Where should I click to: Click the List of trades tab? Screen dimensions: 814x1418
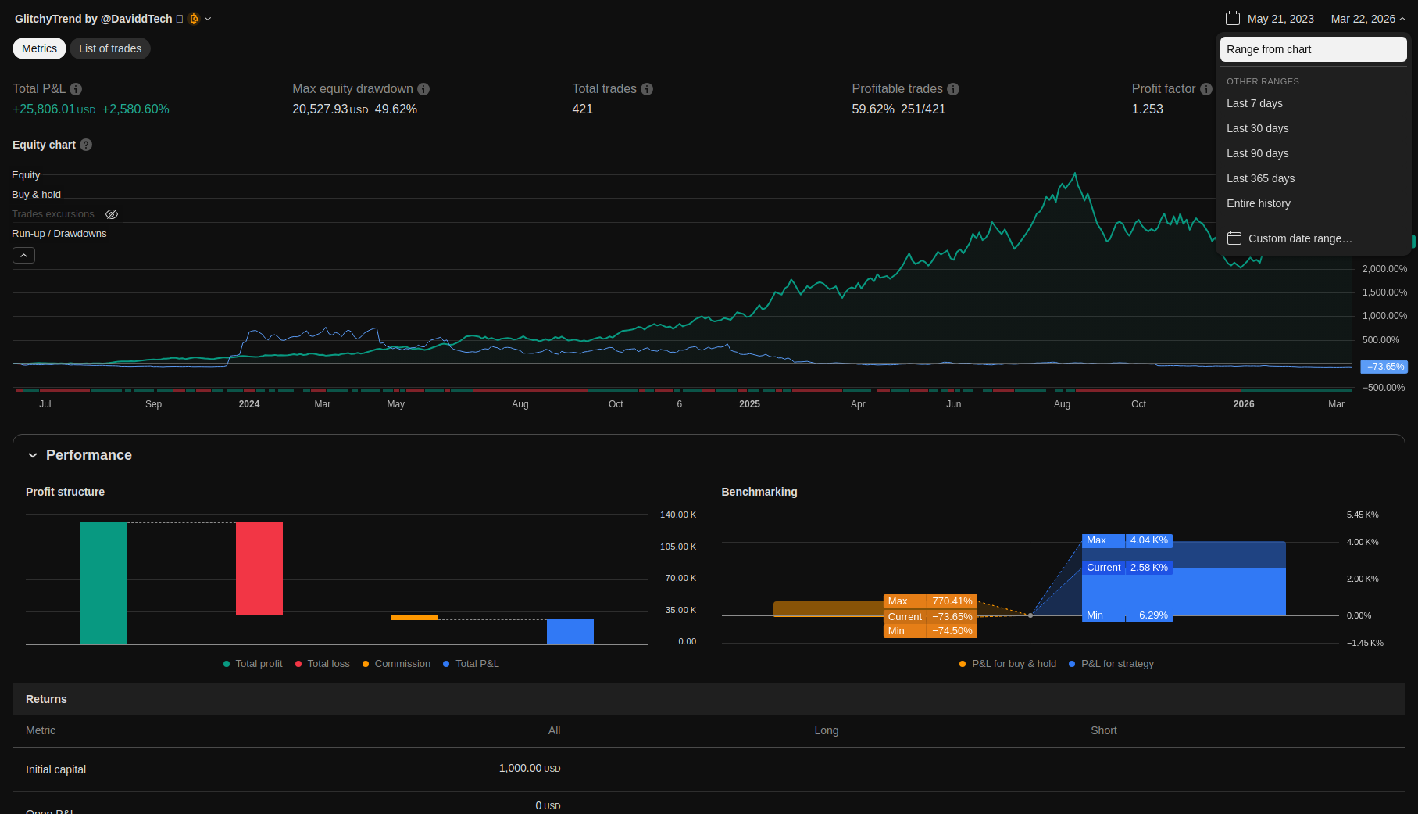point(110,48)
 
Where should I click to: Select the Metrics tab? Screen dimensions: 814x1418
point(39,48)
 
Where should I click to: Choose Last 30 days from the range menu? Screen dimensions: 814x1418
point(1257,128)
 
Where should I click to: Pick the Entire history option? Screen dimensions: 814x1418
point(1258,203)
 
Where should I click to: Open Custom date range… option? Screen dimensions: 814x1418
point(1299,238)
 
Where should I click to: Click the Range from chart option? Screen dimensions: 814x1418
point(1269,49)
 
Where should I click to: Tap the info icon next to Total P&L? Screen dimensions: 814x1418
point(76,89)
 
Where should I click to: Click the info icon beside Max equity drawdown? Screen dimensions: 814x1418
point(423,89)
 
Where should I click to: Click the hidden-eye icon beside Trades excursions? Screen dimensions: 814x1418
point(112,214)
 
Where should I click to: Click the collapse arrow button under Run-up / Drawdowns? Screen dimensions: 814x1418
point(23,255)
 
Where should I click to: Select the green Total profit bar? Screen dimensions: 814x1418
point(104,583)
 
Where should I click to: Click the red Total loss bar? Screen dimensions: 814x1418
point(259,568)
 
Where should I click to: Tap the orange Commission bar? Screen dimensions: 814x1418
point(415,618)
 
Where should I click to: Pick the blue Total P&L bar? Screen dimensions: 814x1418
point(570,632)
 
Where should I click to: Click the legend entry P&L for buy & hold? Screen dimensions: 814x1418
point(1013,664)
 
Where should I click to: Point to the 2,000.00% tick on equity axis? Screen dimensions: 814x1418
point(1384,269)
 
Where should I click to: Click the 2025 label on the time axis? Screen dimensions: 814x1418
point(749,404)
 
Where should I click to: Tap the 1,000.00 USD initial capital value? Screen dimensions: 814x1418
point(530,769)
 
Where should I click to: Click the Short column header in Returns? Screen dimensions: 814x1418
point(1103,730)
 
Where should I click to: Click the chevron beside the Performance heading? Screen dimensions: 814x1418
point(33,455)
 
